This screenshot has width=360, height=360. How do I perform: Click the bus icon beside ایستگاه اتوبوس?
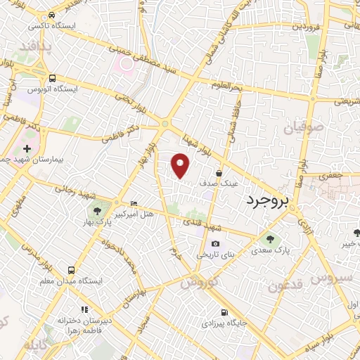53,78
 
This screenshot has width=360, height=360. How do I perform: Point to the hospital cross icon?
27,149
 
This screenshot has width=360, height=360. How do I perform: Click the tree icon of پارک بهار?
96,210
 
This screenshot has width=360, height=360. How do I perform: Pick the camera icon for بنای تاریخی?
215,245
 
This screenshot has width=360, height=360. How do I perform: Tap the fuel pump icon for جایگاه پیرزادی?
224,313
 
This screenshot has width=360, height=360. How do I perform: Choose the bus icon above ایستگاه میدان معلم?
71,270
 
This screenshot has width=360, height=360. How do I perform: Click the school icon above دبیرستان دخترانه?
84,309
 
